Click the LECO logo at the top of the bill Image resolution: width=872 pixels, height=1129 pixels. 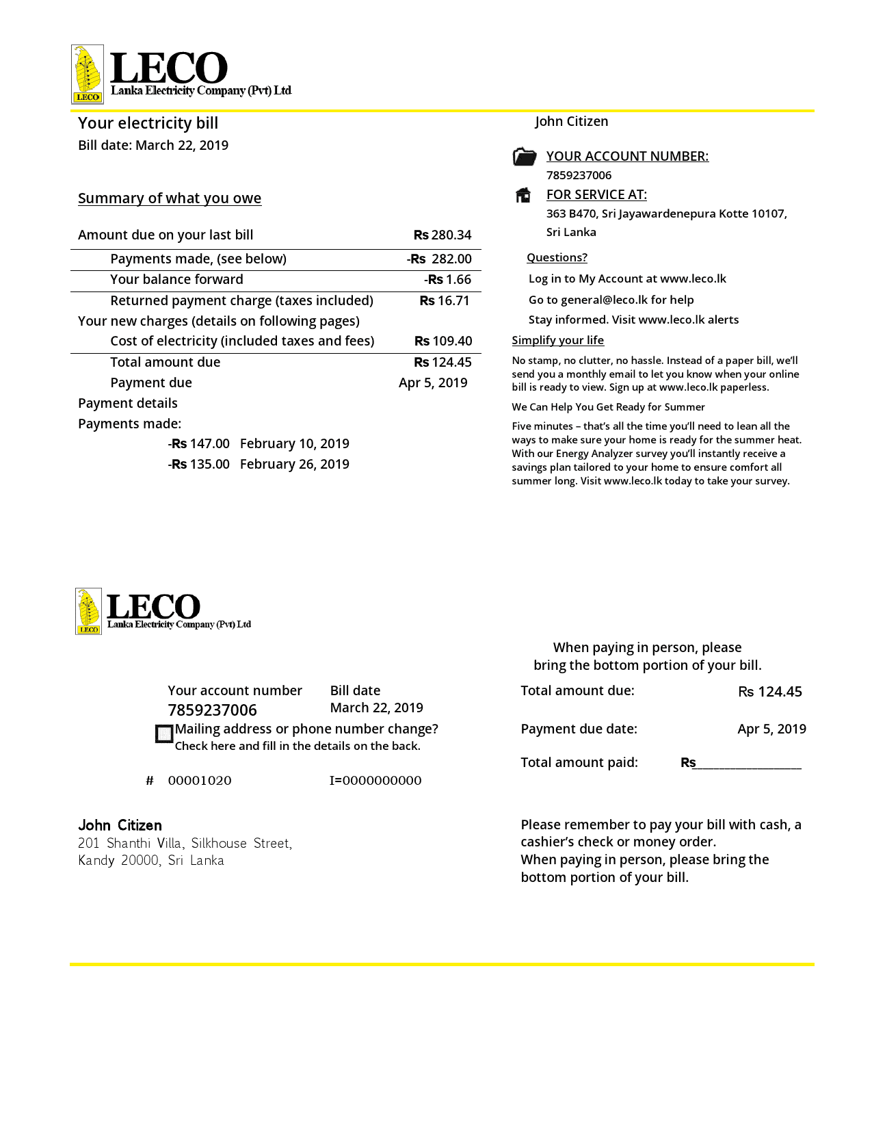tap(181, 74)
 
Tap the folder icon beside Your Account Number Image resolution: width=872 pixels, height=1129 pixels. tap(525, 157)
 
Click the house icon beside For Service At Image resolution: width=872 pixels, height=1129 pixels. tap(523, 195)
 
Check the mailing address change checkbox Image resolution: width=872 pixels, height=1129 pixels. tap(164, 734)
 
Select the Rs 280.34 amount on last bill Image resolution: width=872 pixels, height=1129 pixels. tap(442, 235)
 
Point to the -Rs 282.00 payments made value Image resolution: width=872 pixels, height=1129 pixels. tap(439, 259)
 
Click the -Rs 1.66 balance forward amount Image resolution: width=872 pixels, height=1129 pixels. tap(447, 280)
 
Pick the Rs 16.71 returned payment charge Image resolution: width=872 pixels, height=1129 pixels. tap(445, 301)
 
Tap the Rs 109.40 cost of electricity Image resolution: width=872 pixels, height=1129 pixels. tap(443, 341)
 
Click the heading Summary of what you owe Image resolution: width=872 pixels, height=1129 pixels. tap(170, 198)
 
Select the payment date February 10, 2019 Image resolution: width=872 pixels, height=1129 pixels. tap(295, 444)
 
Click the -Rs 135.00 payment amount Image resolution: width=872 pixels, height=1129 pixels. tap(199, 465)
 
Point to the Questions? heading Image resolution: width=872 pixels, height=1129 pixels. tap(557, 258)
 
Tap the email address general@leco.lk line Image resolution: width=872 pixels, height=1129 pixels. tap(611, 300)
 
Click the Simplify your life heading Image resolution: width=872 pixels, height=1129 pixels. tap(557, 341)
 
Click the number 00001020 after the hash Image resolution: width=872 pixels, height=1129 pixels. tap(200, 781)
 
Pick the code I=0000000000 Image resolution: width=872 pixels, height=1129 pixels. tap(375, 781)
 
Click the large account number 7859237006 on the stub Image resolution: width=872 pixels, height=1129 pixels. tap(213, 710)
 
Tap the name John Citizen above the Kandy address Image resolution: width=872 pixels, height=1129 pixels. tap(120, 825)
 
